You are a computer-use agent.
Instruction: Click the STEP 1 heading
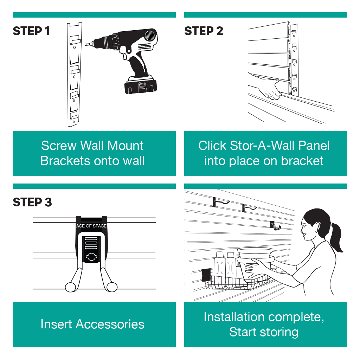pos(31,31)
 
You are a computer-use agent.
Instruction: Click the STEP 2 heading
pos(204,31)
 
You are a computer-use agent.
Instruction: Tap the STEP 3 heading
pos(32,202)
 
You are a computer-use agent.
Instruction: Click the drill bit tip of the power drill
pos(86,45)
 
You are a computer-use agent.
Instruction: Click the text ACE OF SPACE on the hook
pos(91,226)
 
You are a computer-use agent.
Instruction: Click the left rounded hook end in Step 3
pos(70,287)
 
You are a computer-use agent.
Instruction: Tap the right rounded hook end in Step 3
pos(111,287)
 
